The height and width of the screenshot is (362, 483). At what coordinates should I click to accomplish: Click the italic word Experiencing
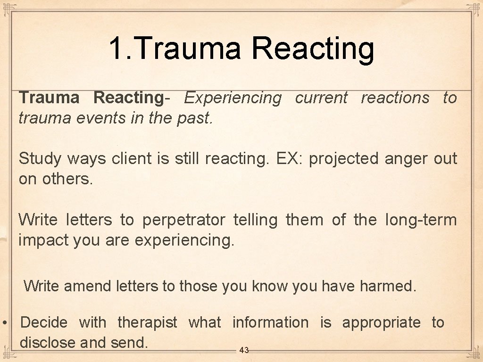click(233, 98)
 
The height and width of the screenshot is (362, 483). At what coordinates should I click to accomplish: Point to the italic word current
click(321, 98)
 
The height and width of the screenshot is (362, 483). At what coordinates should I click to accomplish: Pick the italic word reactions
click(395, 98)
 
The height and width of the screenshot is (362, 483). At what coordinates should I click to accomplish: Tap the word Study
click(40, 159)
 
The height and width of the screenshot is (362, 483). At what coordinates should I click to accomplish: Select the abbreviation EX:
click(290, 158)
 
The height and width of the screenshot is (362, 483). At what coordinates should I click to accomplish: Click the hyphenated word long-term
click(421, 220)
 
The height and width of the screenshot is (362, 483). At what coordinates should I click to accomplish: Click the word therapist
click(147, 323)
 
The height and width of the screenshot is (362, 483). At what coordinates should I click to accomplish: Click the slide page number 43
click(244, 350)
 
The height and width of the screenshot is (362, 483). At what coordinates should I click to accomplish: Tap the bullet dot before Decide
click(4, 323)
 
